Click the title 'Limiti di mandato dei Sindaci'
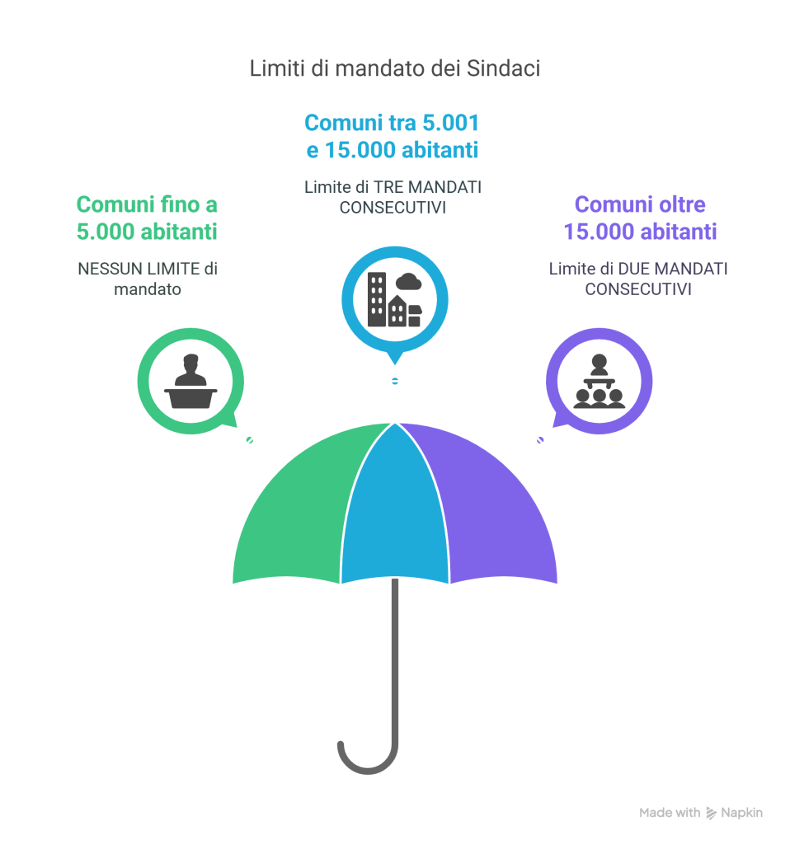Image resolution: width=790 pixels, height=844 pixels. click(x=395, y=69)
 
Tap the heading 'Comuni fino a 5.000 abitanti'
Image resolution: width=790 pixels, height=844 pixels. click(x=147, y=218)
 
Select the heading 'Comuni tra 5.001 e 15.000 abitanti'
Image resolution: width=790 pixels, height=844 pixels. click(x=392, y=137)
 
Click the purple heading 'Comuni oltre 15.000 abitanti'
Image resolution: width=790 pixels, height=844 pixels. click(x=640, y=218)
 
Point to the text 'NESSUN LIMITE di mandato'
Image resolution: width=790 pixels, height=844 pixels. click(x=147, y=279)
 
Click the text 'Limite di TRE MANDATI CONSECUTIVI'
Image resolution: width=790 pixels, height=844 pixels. click(x=393, y=197)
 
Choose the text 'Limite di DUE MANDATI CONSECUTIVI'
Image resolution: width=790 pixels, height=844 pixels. click(x=637, y=279)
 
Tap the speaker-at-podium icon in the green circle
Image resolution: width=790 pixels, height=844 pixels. click(x=190, y=380)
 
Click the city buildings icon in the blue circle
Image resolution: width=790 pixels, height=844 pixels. click(x=395, y=298)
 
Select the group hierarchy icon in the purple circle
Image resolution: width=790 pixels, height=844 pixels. click(x=599, y=380)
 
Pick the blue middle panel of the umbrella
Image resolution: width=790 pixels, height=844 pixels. click(x=394, y=511)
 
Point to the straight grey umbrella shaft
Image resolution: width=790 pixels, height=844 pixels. click(x=395, y=659)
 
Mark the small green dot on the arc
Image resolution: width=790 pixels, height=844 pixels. click(x=250, y=440)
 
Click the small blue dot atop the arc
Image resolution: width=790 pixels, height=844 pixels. click(x=395, y=381)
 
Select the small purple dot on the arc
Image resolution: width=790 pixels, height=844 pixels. click(x=540, y=440)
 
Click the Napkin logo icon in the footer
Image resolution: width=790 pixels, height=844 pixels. click(x=712, y=813)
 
